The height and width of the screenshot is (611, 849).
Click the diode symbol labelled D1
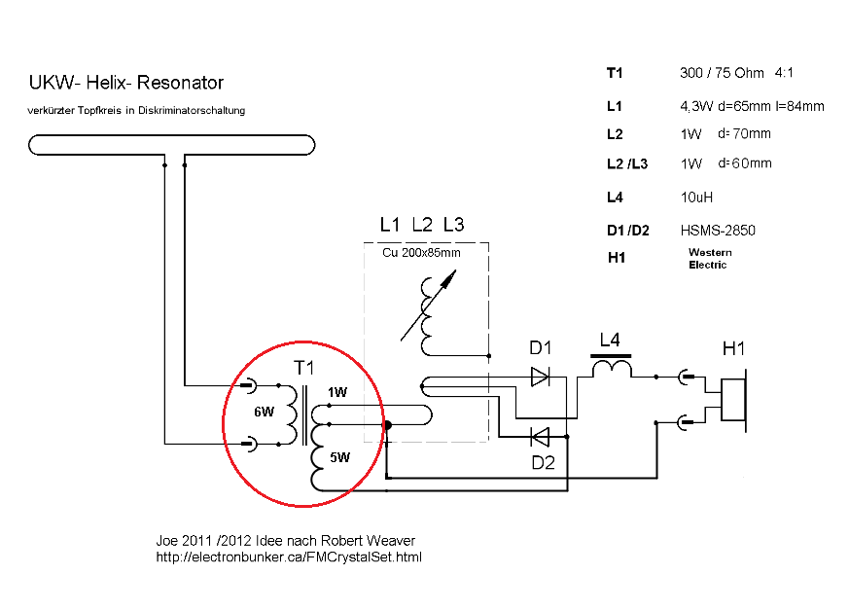click(x=540, y=377)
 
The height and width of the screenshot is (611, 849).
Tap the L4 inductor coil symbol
click(x=611, y=369)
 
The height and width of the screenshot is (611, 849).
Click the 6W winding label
click(x=265, y=413)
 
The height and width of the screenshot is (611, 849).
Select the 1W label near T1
click(x=336, y=393)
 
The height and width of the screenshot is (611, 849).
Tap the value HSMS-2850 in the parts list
click(x=718, y=231)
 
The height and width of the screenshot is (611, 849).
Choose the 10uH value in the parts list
click(x=697, y=198)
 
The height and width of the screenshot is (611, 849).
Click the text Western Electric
click(x=710, y=259)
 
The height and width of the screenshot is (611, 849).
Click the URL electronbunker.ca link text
click(x=289, y=557)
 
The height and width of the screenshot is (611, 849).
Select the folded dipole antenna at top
click(x=172, y=145)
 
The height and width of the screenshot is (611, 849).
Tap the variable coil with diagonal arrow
click(x=428, y=312)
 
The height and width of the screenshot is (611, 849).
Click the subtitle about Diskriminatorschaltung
click(x=137, y=110)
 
